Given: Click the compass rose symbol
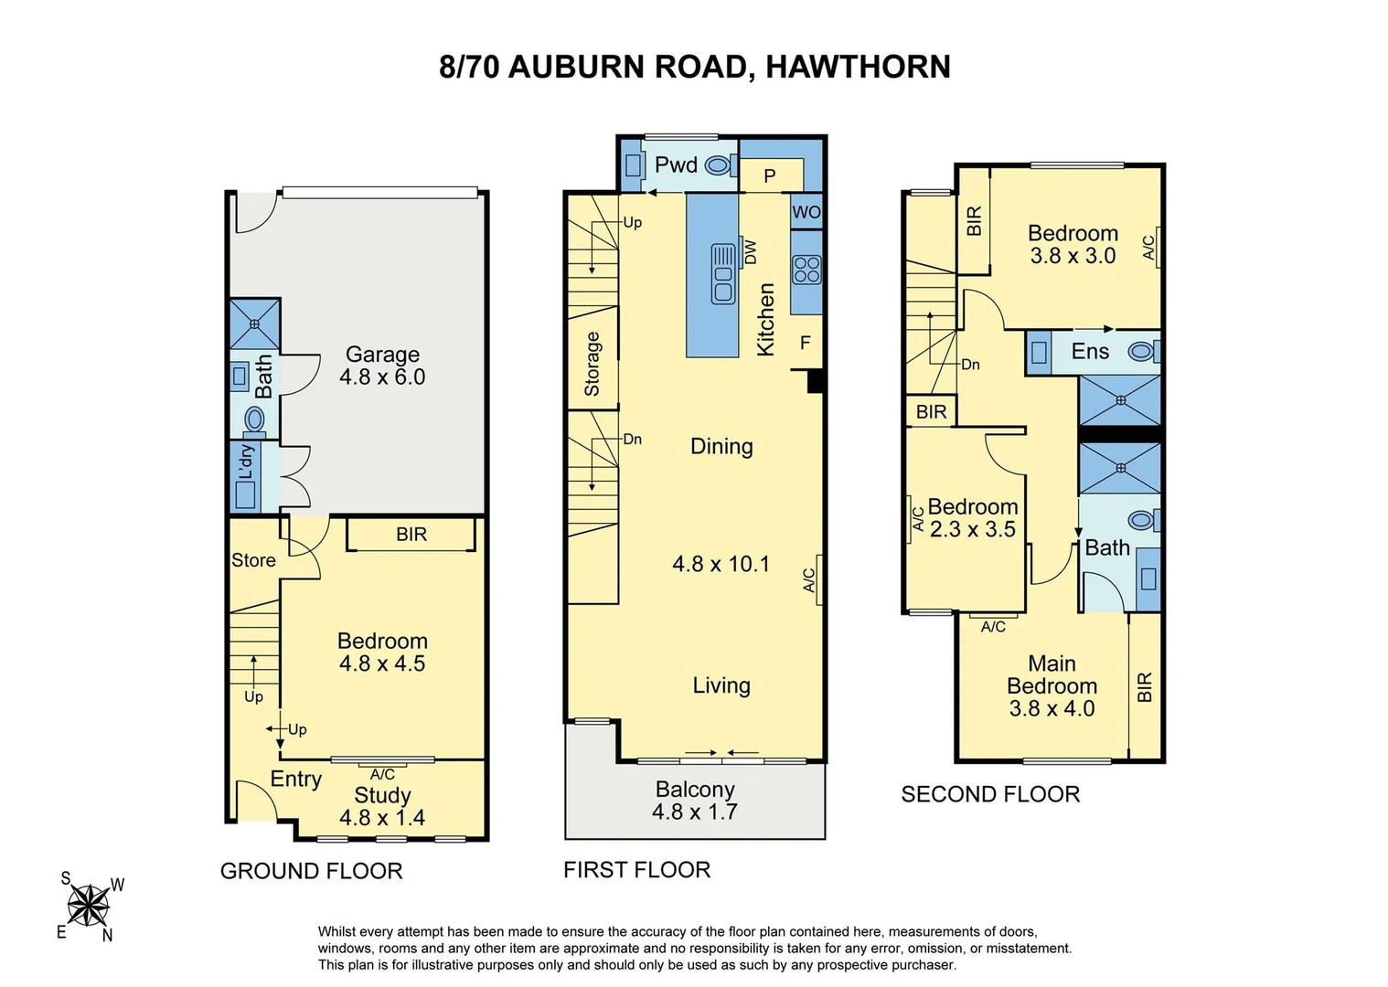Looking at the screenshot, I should click(89, 907).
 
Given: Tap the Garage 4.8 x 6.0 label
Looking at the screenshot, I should click(382, 366).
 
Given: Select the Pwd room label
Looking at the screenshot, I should click(676, 164).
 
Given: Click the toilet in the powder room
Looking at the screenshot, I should click(720, 165).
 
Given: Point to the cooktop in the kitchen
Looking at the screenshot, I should click(806, 269).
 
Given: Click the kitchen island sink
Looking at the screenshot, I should click(723, 274).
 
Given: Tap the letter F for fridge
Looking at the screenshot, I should click(806, 343).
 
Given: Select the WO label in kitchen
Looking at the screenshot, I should click(806, 212).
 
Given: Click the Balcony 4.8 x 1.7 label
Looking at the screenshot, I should click(695, 801).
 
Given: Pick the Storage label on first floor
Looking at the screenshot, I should click(593, 364).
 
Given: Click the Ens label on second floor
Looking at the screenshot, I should click(1090, 352).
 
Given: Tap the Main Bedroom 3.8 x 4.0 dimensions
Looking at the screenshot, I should click(1052, 708).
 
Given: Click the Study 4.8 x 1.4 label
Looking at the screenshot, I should click(382, 806).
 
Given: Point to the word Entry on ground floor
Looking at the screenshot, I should click(296, 779).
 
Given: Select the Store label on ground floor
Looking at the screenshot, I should click(253, 560).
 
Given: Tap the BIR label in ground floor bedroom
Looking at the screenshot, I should click(411, 535).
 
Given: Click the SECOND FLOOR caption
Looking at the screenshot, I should click(990, 794).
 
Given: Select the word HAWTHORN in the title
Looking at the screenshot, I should click(858, 67).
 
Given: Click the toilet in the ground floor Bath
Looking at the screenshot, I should click(254, 419).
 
